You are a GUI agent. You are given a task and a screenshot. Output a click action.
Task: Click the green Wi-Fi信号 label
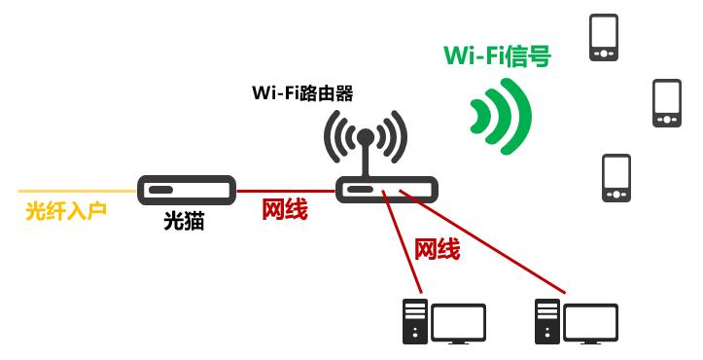[497, 56]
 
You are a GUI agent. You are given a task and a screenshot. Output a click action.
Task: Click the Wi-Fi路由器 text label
[302, 94]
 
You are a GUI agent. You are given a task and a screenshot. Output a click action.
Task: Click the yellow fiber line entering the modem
[78, 190]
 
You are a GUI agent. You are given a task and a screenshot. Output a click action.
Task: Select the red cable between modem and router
[286, 190]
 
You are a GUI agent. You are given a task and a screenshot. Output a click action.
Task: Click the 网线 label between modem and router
[284, 209]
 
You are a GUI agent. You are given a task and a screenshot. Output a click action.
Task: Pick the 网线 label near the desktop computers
[437, 249]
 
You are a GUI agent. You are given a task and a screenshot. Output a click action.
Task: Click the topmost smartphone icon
[604, 36]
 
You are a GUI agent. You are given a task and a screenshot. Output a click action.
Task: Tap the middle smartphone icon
[666, 102]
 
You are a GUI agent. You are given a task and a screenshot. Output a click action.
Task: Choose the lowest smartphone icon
[615, 177]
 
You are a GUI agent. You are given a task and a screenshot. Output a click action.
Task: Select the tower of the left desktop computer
[414, 322]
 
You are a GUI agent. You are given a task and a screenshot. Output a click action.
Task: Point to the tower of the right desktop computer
[547, 322]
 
